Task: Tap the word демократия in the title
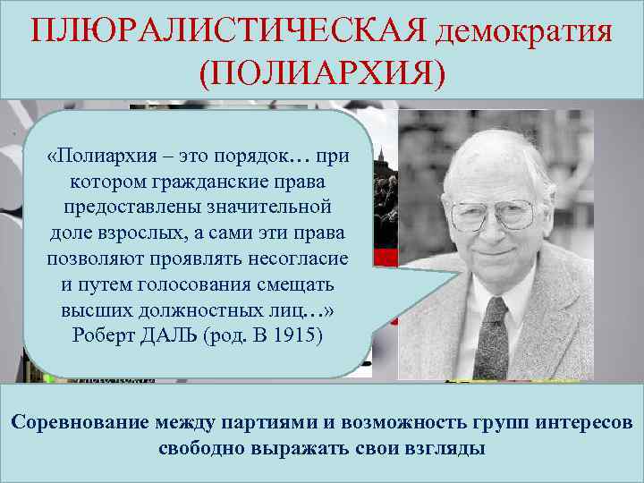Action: click(524, 33)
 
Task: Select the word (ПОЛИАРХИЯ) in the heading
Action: click(322, 74)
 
